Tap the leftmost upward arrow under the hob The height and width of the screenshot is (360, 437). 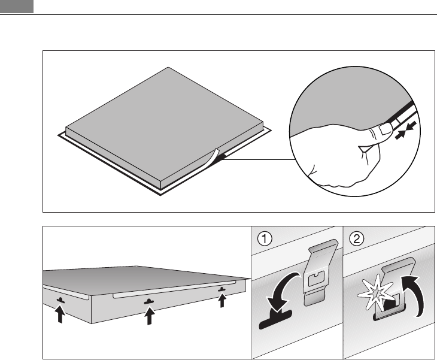(60, 313)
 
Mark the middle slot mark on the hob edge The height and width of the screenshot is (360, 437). (148, 301)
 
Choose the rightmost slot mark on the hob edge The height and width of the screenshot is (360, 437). (222, 289)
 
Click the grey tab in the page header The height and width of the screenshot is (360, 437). (16, 7)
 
